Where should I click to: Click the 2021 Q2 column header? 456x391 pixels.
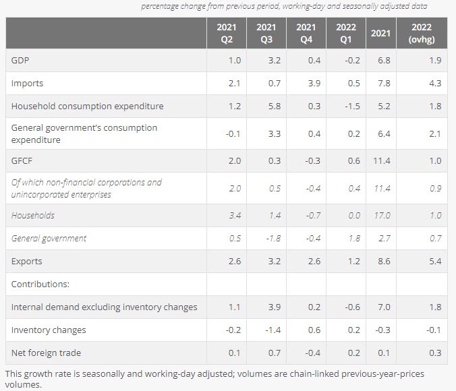click(x=227, y=33)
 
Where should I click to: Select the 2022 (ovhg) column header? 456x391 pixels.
click(x=422, y=33)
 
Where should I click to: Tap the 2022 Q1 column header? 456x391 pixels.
click(x=346, y=33)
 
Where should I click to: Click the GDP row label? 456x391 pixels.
click(x=20, y=61)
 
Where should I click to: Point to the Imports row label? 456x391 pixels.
click(x=27, y=84)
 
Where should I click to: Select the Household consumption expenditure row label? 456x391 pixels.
click(x=87, y=106)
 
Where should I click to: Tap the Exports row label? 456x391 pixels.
click(x=26, y=261)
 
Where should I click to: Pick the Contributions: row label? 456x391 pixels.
click(x=40, y=284)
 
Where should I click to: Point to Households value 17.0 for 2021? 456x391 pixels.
click(x=382, y=216)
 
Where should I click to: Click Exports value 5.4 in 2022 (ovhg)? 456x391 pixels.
click(x=434, y=261)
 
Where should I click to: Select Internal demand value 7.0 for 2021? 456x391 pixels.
click(x=384, y=307)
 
